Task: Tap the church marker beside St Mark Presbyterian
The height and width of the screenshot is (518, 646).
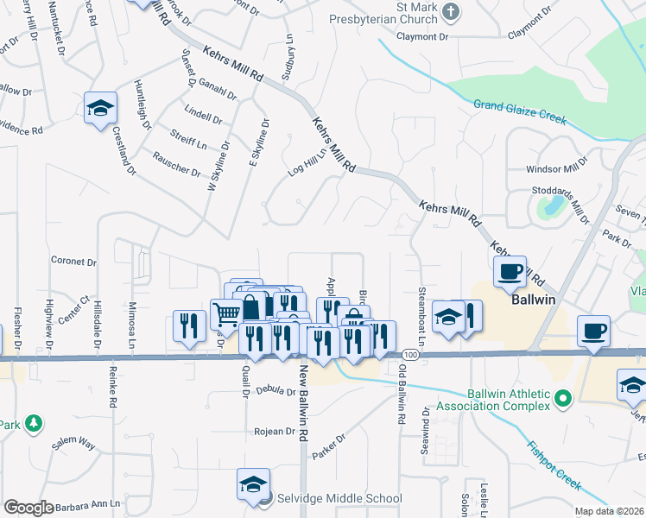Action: (450, 11)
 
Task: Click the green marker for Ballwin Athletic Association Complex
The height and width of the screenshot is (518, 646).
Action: (563, 399)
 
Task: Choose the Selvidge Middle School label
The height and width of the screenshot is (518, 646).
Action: (339, 498)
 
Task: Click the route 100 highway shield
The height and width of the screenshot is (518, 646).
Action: (410, 355)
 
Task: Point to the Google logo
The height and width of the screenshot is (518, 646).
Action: (28, 508)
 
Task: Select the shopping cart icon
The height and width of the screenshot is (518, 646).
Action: (227, 314)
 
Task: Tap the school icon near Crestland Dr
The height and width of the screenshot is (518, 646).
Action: (100, 108)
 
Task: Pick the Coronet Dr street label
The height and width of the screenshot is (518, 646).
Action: (73, 261)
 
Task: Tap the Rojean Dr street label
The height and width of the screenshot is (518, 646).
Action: (275, 432)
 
